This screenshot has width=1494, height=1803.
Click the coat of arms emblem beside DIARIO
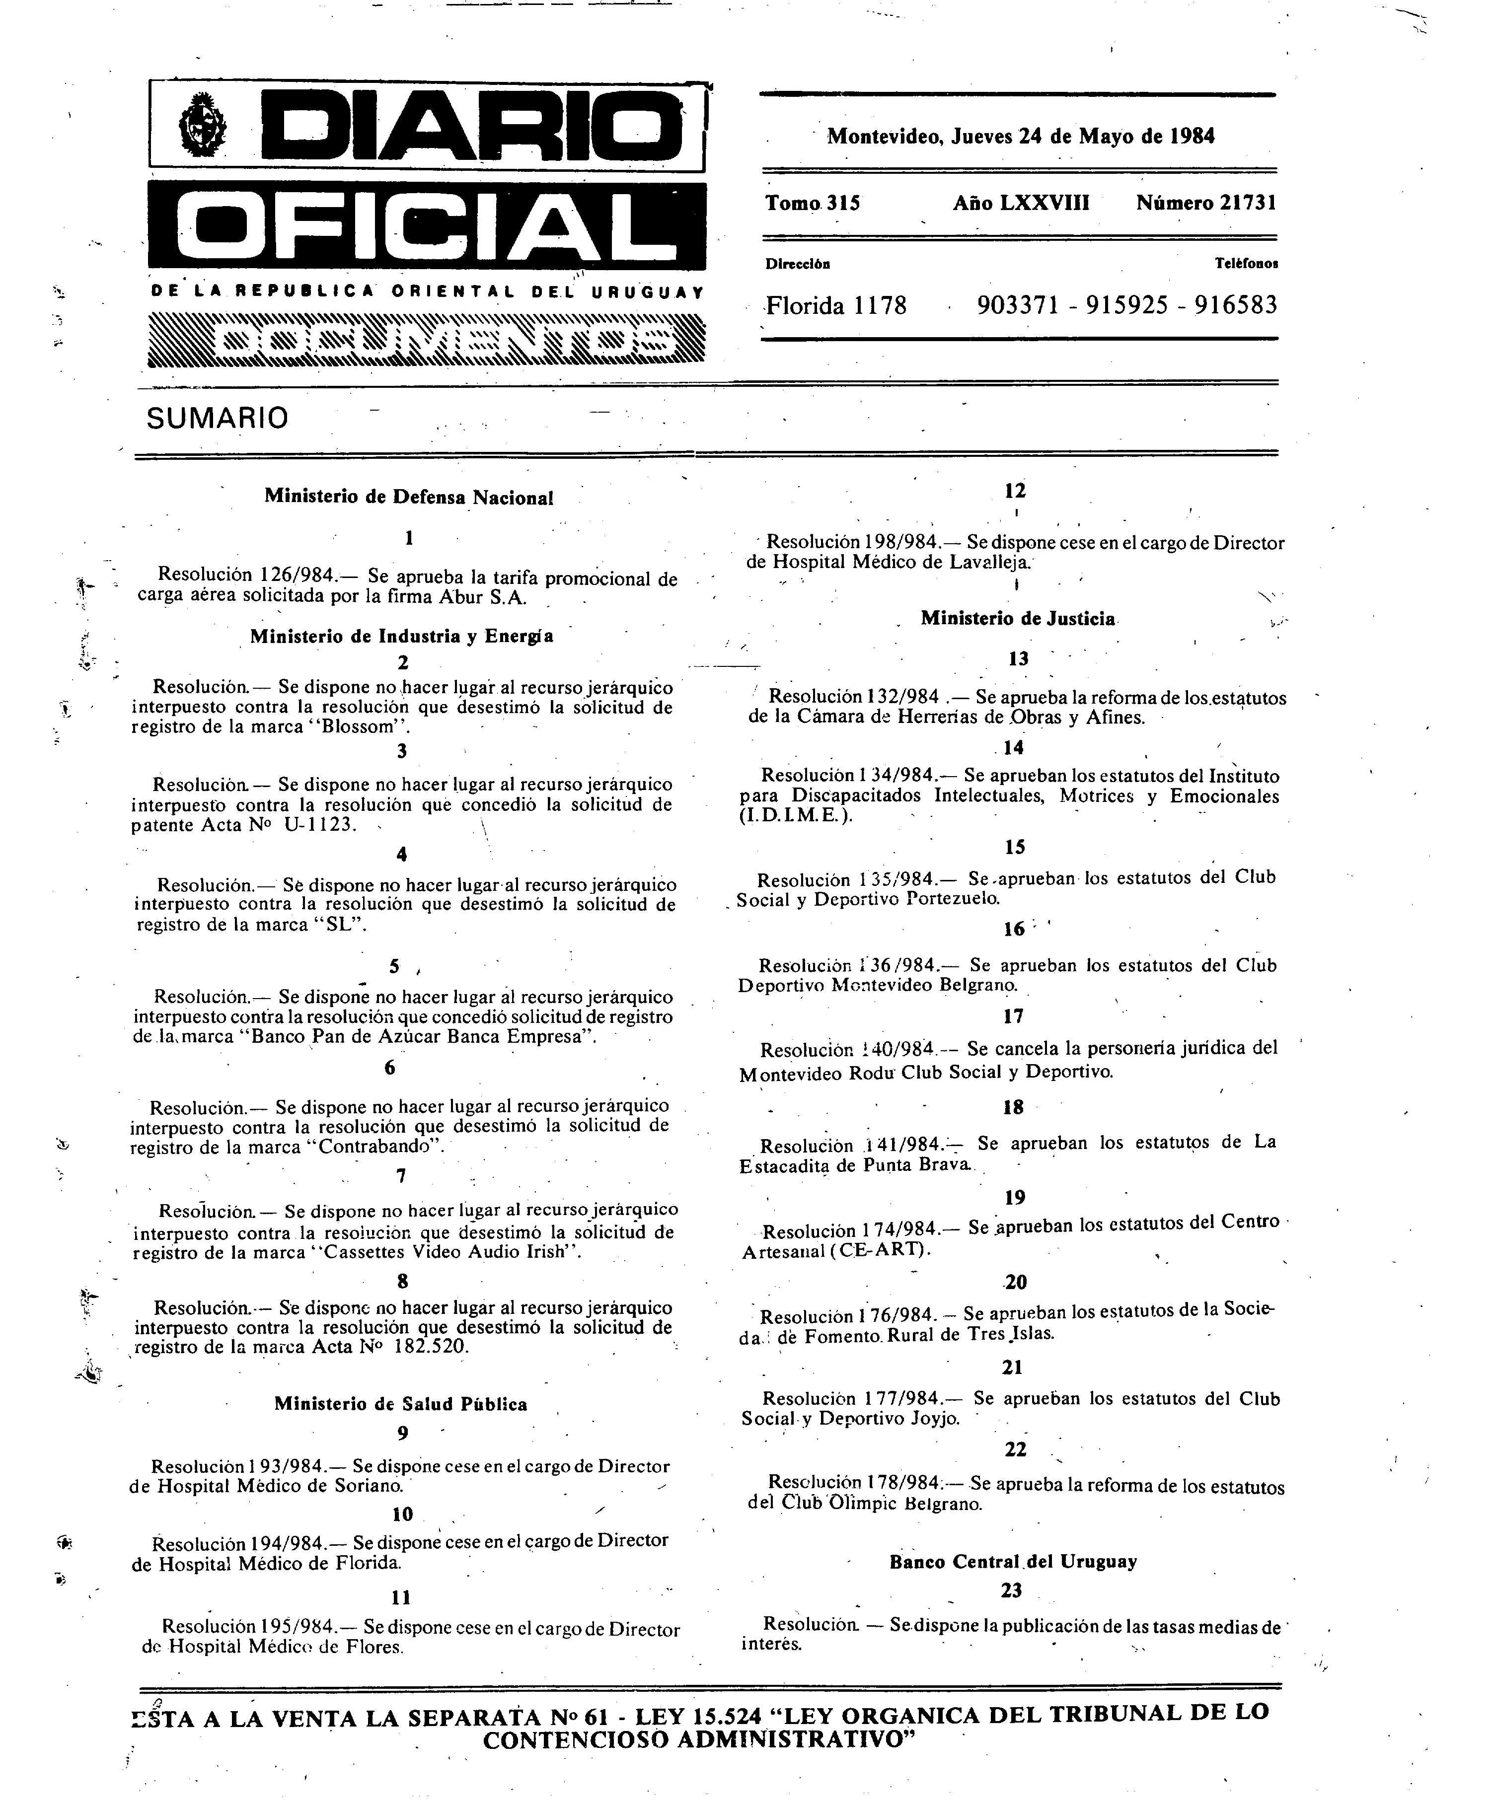pos(204,129)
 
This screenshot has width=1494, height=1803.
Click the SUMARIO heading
pos(217,418)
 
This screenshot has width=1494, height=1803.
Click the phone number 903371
pos(1018,305)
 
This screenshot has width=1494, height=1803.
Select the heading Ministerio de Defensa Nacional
pos(409,496)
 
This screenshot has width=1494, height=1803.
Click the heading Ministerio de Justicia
pos(1018,618)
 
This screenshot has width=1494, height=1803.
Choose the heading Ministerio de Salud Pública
pos(401,1404)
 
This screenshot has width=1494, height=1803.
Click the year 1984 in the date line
pos(1192,136)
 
